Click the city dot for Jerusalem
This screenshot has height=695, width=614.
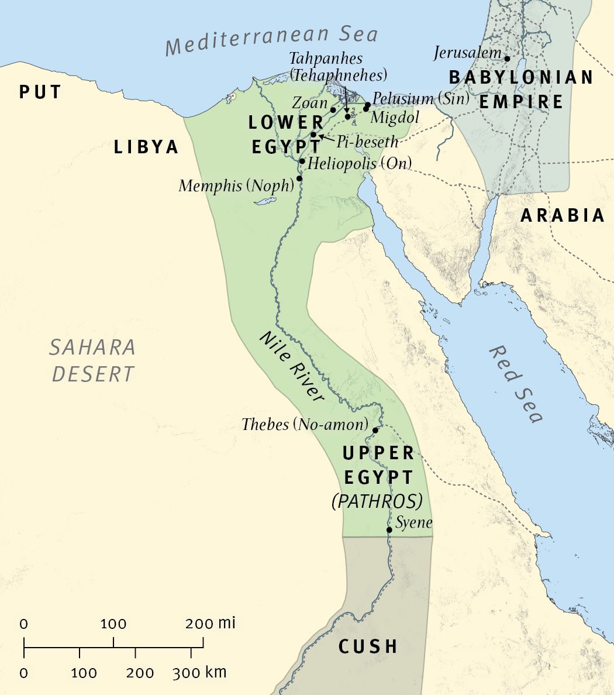(x=507, y=59)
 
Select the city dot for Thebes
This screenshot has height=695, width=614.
(x=375, y=430)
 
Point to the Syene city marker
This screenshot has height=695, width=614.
(x=389, y=530)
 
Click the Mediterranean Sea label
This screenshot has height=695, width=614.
(x=271, y=40)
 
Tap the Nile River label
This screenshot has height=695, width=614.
(x=291, y=366)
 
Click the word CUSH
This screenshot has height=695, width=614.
(x=368, y=646)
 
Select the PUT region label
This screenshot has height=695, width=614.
(x=40, y=92)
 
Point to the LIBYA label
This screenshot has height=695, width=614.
(x=146, y=147)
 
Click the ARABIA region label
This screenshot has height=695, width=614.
(x=563, y=215)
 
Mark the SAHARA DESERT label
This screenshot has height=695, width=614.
(x=92, y=360)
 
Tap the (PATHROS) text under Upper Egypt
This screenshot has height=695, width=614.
(x=377, y=502)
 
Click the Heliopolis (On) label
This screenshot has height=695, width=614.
(x=360, y=163)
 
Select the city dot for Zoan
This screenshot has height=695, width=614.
(x=333, y=110)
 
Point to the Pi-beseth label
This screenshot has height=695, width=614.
(x=367, y=142)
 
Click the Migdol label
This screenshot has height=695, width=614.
(x=395, y=118)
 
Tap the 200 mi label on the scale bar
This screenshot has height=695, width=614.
(x=210, y=624)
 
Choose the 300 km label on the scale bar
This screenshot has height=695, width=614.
(x=199, y=673)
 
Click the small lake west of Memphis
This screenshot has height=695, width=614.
(x=265, y=201)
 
